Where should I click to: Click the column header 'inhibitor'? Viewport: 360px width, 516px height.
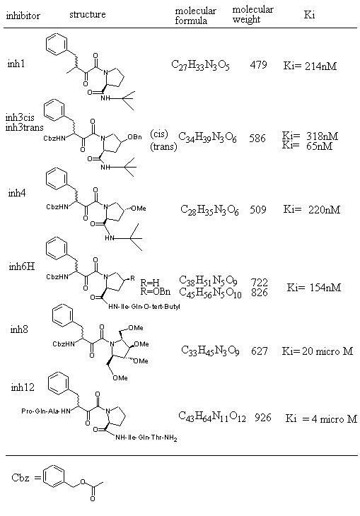[23, 16]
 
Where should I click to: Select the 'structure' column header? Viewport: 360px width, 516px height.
[87, 14]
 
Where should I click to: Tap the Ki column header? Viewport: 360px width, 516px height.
[309, 14]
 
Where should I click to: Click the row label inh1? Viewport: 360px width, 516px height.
[16, 64]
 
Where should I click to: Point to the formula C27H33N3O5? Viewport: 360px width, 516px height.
[200, 65]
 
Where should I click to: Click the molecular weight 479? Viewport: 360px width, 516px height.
[258, 64]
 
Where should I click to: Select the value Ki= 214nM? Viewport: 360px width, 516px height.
[310, 66]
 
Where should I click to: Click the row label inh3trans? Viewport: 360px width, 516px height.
[24, 127]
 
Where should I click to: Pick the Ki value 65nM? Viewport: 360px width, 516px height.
[307, 146]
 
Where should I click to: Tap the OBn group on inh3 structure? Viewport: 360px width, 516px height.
[134, 137]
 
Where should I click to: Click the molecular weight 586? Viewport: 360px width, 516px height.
[257, 138]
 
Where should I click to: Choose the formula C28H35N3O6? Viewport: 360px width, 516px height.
[209, 210]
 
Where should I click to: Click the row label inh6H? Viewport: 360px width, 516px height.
[22, 266]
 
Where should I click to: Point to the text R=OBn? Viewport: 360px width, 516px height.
[156, 291]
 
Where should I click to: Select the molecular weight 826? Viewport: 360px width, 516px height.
[259, 293]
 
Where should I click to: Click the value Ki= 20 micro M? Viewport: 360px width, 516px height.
[317, 351]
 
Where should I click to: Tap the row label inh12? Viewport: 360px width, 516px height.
[23, 387]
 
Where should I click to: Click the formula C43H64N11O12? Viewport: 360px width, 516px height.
[212, 416]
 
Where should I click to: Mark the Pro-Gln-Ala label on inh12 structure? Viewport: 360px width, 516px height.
[40, 411]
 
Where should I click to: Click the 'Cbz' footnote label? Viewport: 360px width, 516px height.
[21, 478]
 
